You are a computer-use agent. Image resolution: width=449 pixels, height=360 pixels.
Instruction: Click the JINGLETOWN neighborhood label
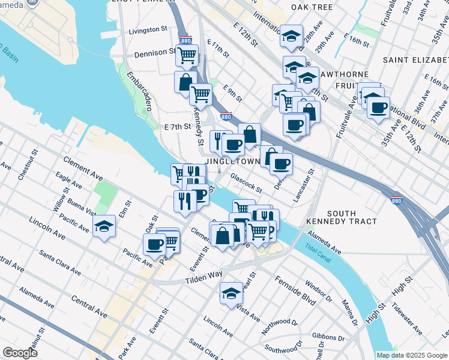point(233,162)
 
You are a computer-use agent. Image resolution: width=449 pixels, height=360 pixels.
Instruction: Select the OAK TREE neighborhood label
point(312,7)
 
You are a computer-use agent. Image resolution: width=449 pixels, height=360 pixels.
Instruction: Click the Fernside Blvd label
point(295,289)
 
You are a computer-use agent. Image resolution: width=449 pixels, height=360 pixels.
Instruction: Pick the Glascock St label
point(247,182)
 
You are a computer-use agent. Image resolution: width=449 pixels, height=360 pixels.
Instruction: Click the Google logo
point(20,353)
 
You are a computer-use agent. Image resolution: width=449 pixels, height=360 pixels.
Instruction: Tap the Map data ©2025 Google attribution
point(412,355)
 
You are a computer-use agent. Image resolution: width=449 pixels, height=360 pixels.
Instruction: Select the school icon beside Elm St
point(104,227)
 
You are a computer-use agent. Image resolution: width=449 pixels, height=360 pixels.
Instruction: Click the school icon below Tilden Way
point(231,294)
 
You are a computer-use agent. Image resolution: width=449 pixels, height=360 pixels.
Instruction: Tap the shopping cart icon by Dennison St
point(187,56)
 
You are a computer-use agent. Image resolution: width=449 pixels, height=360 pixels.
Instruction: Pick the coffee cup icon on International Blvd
point(378,108)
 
